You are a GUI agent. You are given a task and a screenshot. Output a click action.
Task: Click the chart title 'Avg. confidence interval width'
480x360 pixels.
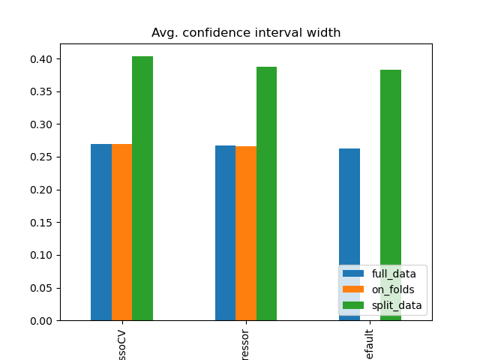[x=246, y=33]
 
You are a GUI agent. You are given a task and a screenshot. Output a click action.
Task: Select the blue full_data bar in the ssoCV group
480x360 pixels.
[x=101, y=232]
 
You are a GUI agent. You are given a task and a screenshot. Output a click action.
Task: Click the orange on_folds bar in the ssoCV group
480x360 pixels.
[x=121, y=232]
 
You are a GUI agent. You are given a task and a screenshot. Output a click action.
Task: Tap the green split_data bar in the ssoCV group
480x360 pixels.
[x=142, y=188]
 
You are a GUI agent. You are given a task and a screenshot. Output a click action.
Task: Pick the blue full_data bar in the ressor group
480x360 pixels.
[x=225, y=232]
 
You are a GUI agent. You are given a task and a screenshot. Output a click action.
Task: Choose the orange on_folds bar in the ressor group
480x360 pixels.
[x=246, y=233]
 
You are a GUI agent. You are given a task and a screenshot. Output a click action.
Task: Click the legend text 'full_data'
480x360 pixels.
[x=394, y=274]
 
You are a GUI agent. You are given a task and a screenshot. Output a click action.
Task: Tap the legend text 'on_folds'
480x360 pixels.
[x=393, y=289]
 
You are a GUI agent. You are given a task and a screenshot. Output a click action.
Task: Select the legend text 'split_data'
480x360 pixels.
[x=397, y=305]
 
